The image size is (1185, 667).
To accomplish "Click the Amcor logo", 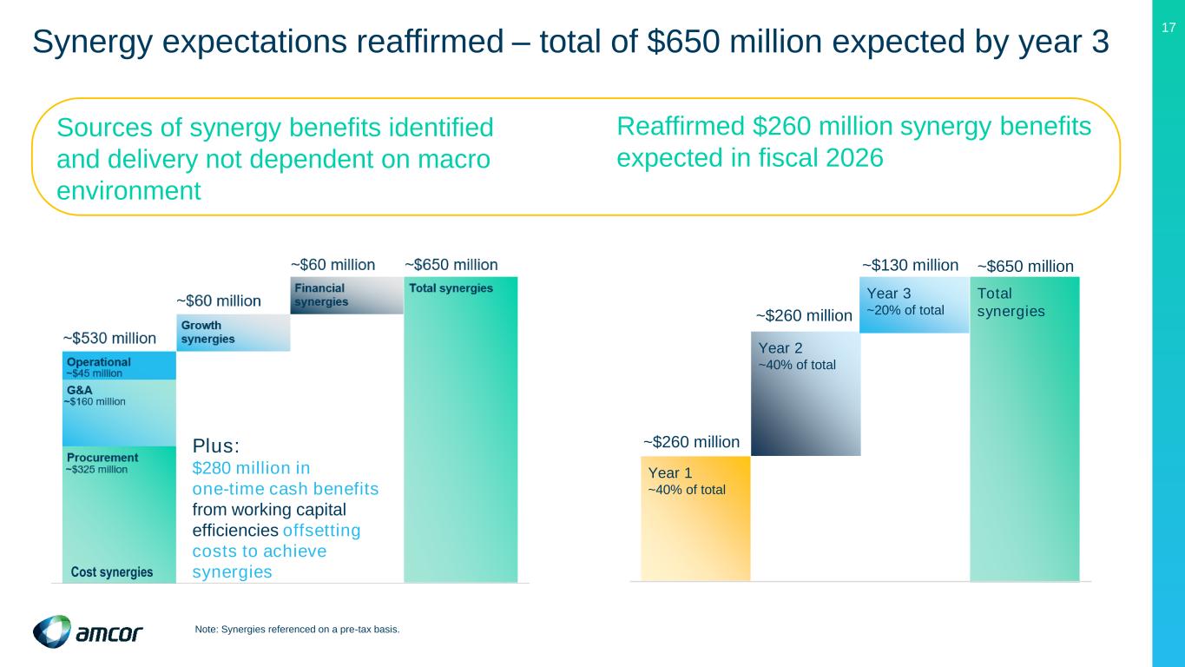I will [87, 631].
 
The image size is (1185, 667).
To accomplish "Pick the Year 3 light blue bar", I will [913, 305].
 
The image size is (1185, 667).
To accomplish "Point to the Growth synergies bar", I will [233, 333].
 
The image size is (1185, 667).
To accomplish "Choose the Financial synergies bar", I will [346, 295].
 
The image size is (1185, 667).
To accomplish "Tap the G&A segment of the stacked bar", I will [119, 413].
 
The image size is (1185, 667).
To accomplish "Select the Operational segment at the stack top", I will [119, 366].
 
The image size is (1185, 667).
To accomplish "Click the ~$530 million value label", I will [109, 338].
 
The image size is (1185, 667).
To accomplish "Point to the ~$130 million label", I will [910, 264].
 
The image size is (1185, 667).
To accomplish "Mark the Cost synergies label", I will [112, 572].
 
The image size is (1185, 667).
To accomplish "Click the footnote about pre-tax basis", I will [298, 630].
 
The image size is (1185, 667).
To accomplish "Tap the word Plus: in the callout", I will [215, 446].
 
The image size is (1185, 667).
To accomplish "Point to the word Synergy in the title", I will [93, 41].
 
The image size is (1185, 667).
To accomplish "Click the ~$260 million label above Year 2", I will [804, 316].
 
